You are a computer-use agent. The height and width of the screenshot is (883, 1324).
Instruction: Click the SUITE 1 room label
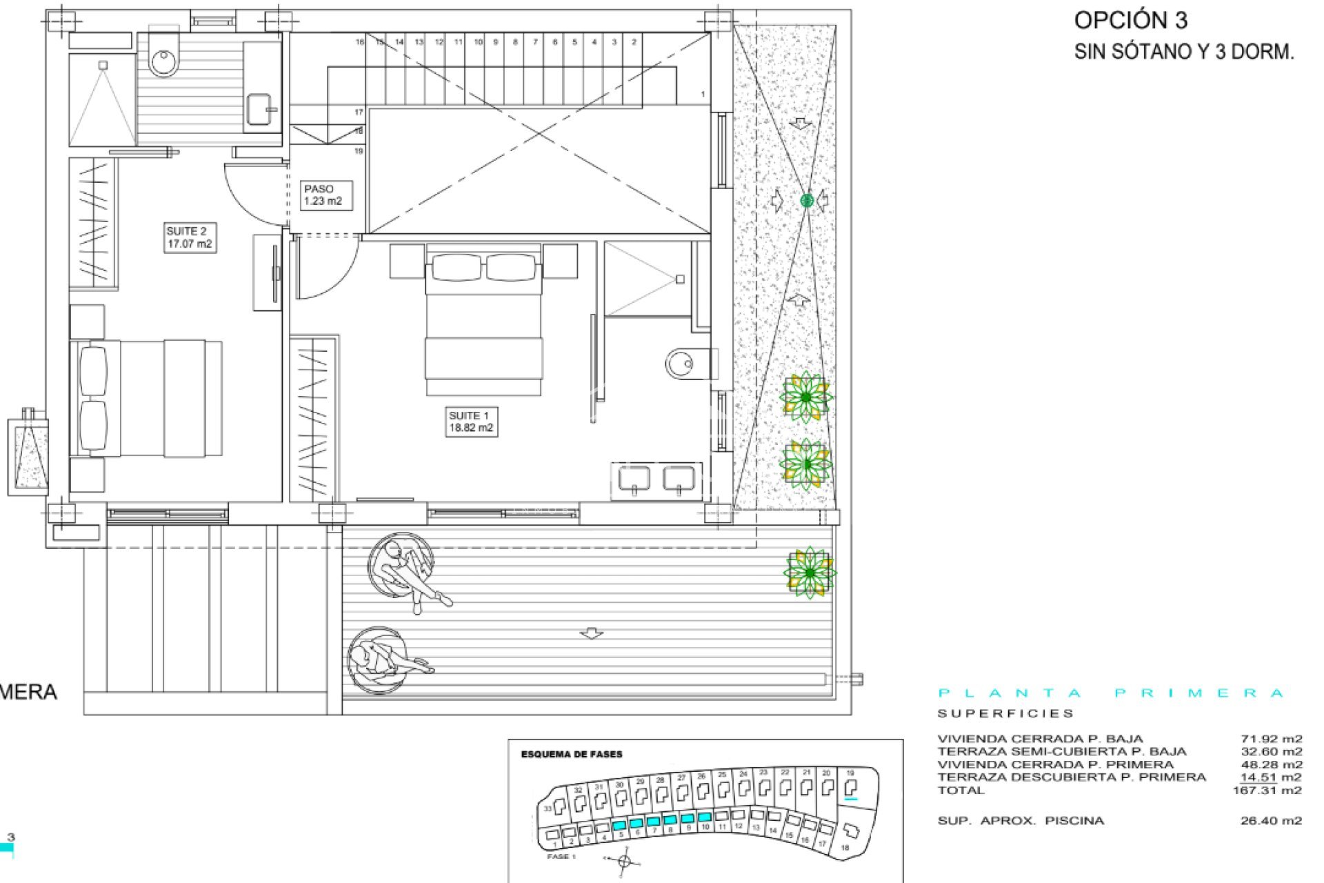pyautogui.click(x=471, y=421)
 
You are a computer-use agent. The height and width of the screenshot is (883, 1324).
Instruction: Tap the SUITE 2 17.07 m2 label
pyautogui.click(x=190, y=237)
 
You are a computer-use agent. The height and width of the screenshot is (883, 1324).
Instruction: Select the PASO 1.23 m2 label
pyautogui.click(x=323, y=195)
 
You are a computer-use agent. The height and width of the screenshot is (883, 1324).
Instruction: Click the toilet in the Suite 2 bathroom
pyautogui.click(x=164, y=59)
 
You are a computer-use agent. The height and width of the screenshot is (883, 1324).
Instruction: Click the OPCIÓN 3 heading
pyautogui.click(x=1130, y=21)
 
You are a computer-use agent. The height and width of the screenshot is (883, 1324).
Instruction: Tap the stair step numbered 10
pyautogui.click(x=478, y=42)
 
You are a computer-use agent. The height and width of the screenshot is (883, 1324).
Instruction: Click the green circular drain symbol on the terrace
pyautogui.click(x=807, y=201)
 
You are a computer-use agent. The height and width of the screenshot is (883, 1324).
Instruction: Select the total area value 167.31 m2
pyautogui.click(x=1267, y=791)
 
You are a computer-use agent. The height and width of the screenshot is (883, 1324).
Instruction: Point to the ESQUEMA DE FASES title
pyautogui.click(x=572, y=755)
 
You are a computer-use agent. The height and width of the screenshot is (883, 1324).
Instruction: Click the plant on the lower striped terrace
pyautogui.click(x=810, y=573)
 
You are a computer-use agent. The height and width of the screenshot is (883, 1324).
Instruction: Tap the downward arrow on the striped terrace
pyautogui.click(x=591, y=633)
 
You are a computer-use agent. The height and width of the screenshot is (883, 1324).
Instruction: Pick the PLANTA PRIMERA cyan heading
pyautogui.click(x=1111, y=693)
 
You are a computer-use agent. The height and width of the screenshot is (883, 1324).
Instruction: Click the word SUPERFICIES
pyautogui.click(x=1005, y=713)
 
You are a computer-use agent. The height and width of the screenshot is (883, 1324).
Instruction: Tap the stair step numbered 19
pyautogui.click(x=359, y=151)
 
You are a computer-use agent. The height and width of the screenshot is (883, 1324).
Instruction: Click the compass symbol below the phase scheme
pyautogui.click(x=625, y=861)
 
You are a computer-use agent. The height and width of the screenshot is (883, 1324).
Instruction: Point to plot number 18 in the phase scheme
pyautogui.click(x=845, y=848)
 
